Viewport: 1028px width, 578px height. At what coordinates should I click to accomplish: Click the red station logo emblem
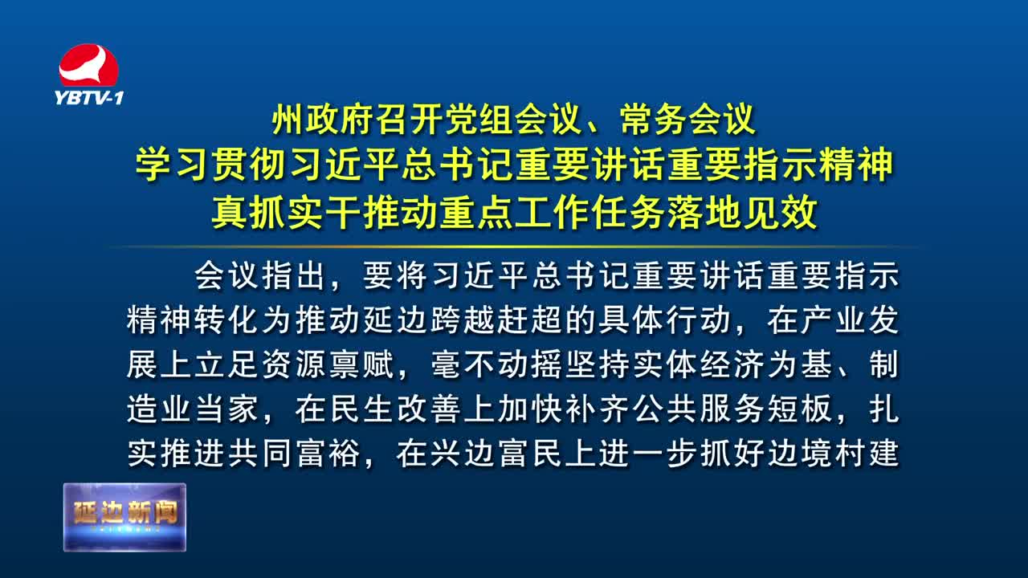point(88,65)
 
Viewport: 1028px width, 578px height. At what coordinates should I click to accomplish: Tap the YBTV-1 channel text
point(89,98)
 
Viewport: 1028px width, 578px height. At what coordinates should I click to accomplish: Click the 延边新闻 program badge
point(124,517)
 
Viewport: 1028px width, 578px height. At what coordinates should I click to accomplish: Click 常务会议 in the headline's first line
point(687,120)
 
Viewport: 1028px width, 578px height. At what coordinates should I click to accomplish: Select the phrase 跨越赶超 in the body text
point(497,320)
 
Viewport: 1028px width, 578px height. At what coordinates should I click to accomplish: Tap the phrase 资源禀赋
point(328,364)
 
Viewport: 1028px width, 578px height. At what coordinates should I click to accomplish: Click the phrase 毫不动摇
point(497,364)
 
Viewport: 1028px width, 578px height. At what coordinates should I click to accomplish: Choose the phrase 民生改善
point(396,409)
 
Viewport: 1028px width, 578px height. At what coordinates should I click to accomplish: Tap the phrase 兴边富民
point(497,454)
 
